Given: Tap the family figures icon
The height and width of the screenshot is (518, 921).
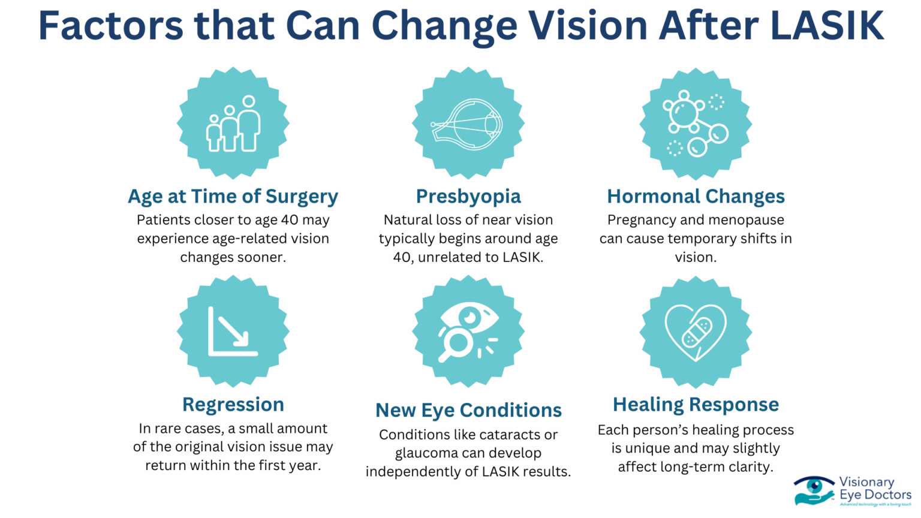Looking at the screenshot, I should pyautogui.click(x=233, y=124).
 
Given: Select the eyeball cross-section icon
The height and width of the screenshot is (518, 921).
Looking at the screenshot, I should pyautogui.click(x=468, y=124).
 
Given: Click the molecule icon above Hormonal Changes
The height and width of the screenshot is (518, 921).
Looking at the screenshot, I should pyautogui.click(x=696, y=124).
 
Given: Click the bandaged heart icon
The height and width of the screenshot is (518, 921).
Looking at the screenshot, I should pyautogui.click(x=696, y=332).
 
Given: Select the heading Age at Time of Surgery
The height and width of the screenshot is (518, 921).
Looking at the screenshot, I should pyautogui.click(x=233, y=197).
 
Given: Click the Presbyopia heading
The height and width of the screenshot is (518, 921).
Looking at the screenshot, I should pyautogui.click(x=468, y=197).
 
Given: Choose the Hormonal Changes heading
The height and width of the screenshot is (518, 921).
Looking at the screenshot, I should pyautogui.click(x=696, y=197).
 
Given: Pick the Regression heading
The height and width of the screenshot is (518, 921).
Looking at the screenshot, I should pyautogui.click(x=233, y=405).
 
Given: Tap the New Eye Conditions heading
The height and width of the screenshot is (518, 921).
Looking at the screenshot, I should pyautogui.click(x=468, y=411).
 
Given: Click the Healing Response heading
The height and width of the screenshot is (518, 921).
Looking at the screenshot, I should pyautogui.click(x=696, y=405).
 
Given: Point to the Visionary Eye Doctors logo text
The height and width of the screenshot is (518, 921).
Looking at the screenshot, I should pyautogui.click(x=874, y=489).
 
